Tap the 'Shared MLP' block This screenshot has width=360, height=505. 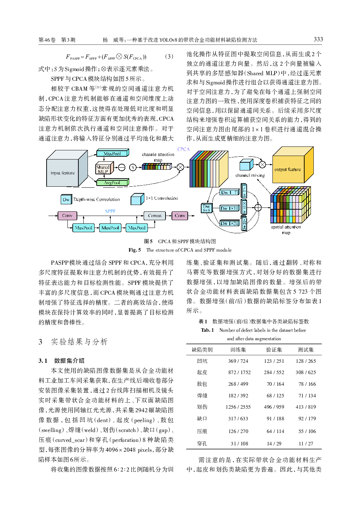[103, 169]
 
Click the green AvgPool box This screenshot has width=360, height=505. [112, 183]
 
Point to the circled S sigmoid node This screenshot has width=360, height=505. [133, 167]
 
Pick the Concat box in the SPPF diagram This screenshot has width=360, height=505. [155, 216]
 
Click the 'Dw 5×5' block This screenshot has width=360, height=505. [206, 208]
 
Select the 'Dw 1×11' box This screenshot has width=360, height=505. [229, 209]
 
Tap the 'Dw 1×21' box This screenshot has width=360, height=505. [229, 223]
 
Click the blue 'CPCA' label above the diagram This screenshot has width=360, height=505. [184, 149]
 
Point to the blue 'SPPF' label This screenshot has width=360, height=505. [110, 211]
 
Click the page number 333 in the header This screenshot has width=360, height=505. [318, 40]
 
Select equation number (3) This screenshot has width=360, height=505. [169, 56]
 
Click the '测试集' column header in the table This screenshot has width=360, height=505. [306, 350]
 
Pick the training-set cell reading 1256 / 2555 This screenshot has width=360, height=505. [238, 407]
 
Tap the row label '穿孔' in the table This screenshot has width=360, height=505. [202, 444]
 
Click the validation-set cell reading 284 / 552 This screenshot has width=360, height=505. [274, 372]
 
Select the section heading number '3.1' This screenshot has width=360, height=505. [43, 361]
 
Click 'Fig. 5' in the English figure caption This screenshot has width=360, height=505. [134, 250]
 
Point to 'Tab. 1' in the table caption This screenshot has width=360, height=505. [207, 330]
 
